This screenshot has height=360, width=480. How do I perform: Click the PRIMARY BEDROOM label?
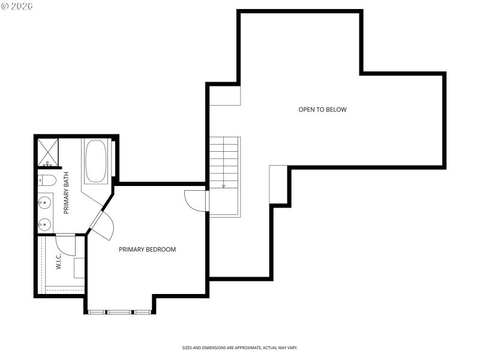pos(147,250)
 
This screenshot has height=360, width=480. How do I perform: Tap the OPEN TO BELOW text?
pos(322,110)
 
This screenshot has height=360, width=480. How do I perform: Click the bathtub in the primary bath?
pos(96,161)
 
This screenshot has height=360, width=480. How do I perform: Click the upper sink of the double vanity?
pos(44,202)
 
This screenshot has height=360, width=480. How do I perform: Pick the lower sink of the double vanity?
pos(44,224)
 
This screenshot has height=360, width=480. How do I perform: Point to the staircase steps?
pos(224,162)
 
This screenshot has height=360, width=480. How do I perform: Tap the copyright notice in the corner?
pos(17,5)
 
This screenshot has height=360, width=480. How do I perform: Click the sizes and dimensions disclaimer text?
pos(240,347)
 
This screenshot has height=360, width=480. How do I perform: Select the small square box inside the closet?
pos(79,268)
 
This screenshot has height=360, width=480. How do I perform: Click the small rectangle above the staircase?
pos(225,95)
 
